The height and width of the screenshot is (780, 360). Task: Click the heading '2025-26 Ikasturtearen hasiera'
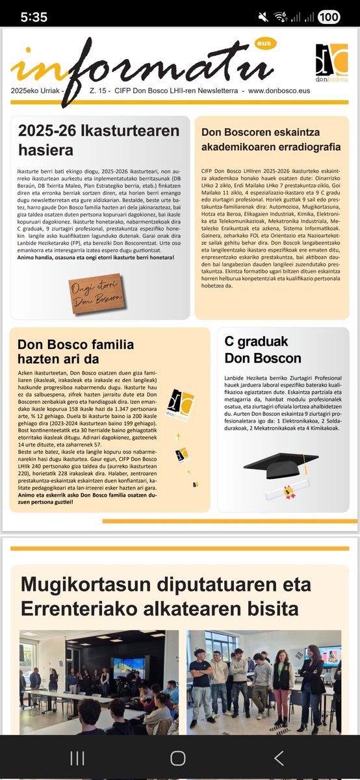coord(99,140)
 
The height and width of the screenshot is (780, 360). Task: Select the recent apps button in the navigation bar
coord(77,757)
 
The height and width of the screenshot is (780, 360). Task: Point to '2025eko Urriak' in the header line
coord(36,91)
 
